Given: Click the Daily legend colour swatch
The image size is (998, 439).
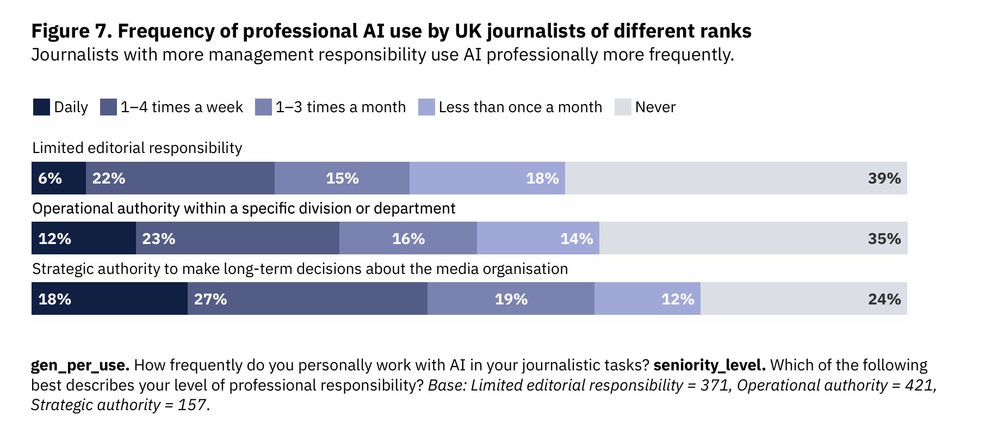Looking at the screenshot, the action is point(41,107).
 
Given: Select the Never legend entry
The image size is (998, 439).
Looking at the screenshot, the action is point(645,107).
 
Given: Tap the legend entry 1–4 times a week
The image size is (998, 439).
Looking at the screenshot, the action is point(172,107).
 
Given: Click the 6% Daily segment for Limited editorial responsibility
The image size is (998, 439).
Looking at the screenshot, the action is point(59,178).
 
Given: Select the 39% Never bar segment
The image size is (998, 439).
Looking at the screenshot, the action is point(736,178).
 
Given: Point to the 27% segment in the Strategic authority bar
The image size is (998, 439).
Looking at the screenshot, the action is point(307,298).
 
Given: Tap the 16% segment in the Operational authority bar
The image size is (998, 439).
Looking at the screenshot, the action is point(408,238).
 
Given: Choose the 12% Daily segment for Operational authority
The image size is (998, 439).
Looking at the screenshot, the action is point(84,238).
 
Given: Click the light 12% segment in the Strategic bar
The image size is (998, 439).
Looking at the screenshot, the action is point(647,298).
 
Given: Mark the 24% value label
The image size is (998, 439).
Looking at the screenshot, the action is point(884,299).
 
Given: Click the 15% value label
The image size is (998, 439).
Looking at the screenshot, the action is point(342,178).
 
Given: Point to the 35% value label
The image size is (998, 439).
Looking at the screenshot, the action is point(884,239).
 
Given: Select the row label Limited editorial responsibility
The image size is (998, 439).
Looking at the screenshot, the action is point(137,148).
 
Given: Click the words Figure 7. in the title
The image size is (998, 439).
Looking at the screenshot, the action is point(71,31).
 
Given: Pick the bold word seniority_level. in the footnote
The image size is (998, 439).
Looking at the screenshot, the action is point(709,365).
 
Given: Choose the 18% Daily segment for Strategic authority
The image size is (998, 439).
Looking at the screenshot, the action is point(109,298).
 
